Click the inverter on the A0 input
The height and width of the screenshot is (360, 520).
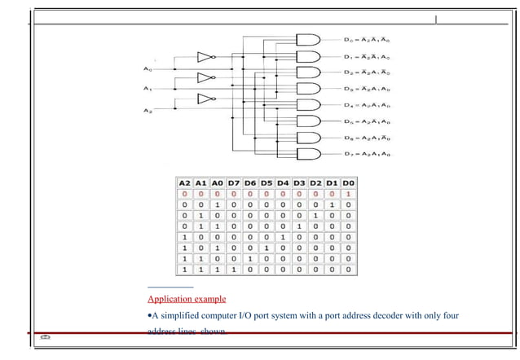click(205, 58)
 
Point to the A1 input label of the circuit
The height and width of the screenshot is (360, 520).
click(147, 89)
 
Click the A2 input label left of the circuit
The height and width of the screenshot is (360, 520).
click(147, 109)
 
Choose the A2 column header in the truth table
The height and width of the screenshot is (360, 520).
click(185, 184)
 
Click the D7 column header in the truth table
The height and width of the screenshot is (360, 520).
click(235, 184)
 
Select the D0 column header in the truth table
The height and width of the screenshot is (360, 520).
click(348, 184)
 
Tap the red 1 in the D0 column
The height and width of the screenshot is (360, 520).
click(348, 195)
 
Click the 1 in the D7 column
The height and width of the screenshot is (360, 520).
click(235, 268)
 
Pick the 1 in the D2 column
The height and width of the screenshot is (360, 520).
click(315, 217)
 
